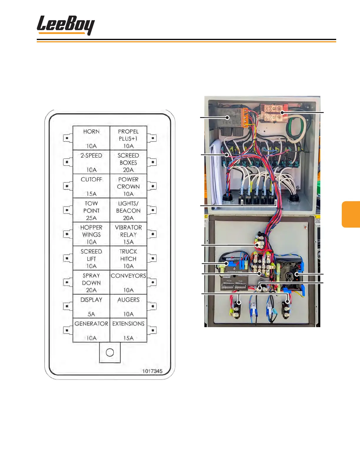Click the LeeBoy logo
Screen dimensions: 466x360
click(66, 25)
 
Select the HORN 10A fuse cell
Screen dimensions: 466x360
click(91, 138)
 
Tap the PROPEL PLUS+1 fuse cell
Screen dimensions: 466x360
click(128, 138)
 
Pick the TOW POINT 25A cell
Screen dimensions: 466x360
click(91, 210)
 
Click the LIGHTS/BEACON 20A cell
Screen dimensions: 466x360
click(128, 210)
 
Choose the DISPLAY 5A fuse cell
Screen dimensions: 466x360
click(91, 306)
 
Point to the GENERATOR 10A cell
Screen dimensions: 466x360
click(91, 330)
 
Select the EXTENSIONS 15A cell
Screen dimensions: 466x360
click(128, 330)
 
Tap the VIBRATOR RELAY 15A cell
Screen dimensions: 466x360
click(128, 234)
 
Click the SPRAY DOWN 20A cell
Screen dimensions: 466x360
click(91, 282)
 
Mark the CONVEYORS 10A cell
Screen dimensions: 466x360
click(128, 282)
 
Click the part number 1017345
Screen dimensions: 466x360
click(152, 371)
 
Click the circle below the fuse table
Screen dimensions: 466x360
click(110, 352)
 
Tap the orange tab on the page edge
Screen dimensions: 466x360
click(351, 214)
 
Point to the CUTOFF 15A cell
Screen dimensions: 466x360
click(91, 186)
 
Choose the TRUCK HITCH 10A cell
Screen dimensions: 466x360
click(128, 258)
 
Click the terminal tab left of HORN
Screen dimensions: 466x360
click(67, 138)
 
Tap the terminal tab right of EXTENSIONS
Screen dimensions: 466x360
click(152, 330)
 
